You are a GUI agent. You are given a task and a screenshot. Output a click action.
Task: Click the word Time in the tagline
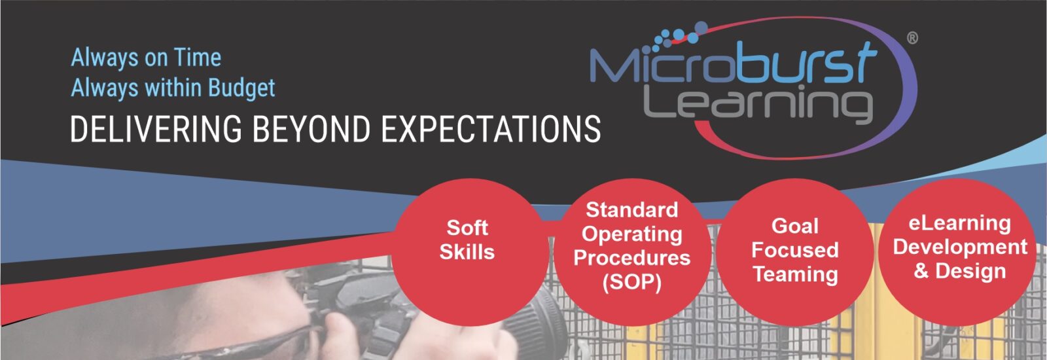[197, 58]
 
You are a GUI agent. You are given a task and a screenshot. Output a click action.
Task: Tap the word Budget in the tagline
[241, 88]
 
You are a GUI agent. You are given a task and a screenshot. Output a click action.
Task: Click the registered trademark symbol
[912, 38]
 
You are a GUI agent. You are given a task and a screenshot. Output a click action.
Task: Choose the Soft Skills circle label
[467, 240]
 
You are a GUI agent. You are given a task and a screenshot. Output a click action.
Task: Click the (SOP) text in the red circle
[632, 282]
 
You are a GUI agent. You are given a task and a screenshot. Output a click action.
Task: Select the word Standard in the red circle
[632, 209]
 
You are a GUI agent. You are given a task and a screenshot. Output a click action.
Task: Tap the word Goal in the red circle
[795, 226]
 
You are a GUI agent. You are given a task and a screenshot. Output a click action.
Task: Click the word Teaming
[795, 274]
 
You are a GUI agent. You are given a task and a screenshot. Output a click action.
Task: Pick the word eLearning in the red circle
[959, 223]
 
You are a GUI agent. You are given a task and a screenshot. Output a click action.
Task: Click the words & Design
[959, 271]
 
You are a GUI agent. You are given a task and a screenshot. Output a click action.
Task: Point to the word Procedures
[632, 258]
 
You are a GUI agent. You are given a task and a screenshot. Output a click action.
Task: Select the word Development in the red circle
[960, 247]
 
